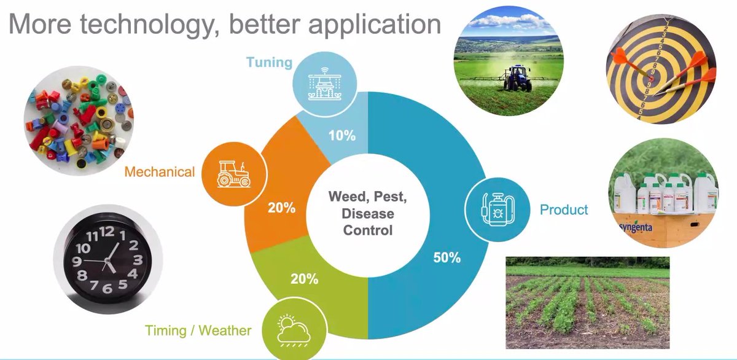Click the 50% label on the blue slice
tap(446, 257)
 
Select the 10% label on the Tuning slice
tap(342, 136)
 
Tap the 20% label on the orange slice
tap(281, 208)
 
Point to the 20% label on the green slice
tap(304, 278)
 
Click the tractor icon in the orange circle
tap(233, 173)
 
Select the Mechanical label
tap(159, 172)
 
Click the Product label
tap(564, 210)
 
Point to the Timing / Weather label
tap(198, 331)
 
